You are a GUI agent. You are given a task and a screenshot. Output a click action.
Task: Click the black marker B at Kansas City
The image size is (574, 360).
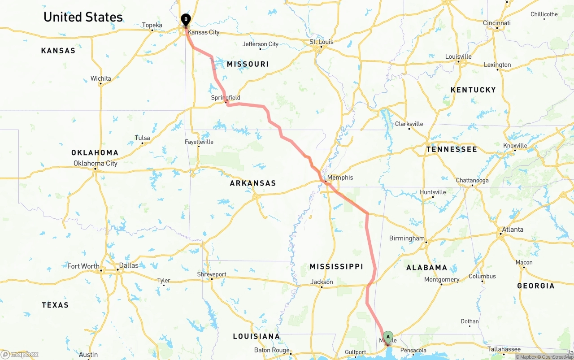click(186, 20)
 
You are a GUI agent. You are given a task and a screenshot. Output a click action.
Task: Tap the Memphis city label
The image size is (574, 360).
click(340, 178)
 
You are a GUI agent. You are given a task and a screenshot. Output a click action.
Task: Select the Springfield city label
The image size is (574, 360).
click(226, 97)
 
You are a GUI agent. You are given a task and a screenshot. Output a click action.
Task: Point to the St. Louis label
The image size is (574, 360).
click(322, 42)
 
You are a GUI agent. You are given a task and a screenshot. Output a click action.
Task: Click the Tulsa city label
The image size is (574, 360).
click(142, 138)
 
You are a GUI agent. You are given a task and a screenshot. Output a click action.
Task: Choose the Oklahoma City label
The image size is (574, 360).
click(96, 163)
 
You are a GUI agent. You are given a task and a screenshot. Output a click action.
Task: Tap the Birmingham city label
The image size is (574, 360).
click(407, 238)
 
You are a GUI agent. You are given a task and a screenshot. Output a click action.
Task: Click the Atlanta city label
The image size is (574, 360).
click(512, 229)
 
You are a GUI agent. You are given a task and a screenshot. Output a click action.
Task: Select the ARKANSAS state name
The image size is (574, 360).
click(253, 183)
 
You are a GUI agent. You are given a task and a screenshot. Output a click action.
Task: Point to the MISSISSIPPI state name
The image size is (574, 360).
click(336, 267)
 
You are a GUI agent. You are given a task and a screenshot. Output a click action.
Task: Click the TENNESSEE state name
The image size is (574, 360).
click(452, 149)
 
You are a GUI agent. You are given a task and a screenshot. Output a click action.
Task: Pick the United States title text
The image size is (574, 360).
click(83, 17)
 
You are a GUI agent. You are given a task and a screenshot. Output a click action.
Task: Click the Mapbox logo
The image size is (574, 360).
click(20, 354)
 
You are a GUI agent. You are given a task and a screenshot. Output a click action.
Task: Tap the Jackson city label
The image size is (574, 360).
click(322, 282)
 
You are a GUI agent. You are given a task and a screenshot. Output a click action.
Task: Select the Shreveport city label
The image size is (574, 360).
click(212, 274)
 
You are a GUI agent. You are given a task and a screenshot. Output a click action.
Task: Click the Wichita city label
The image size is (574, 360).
click(100, 78)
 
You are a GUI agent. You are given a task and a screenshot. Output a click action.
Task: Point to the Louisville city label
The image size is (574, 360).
click(458, 56)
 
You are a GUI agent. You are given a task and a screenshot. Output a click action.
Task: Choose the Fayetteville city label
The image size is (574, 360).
click(199, 142)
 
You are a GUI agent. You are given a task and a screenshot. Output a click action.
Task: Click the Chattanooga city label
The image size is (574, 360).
click(472, 180)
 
